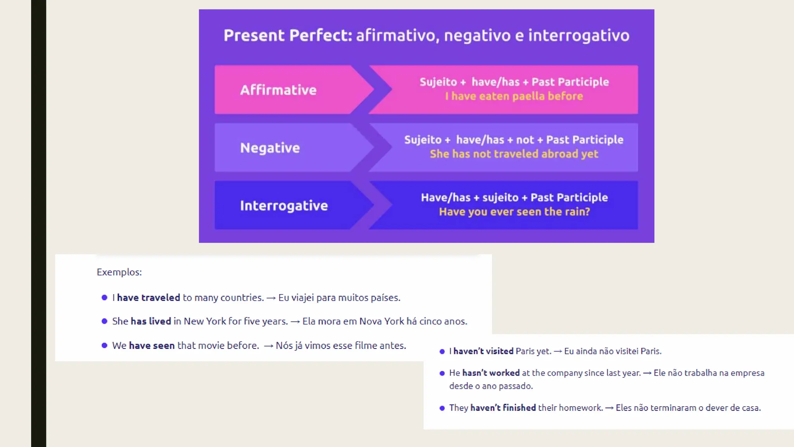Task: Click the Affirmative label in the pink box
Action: [278, 90]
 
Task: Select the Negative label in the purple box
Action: [270, 148]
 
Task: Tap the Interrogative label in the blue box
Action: [284, 206]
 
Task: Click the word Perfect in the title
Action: [320, 35]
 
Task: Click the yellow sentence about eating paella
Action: [514, 96]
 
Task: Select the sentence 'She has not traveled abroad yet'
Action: [514, 154]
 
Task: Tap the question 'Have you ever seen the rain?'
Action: [514, 212]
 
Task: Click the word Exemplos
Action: [119, 272]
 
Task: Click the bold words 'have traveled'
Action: [148, 298]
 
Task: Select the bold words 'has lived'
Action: [151, 321]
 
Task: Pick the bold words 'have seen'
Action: [152, 345]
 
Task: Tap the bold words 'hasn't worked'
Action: [490, 373]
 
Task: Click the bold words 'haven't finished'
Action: [503, 408]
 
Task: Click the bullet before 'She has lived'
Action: [104, 321]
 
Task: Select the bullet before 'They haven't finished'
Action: [442, 408]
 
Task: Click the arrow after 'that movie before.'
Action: [268, 346]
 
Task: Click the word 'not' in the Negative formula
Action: [525, 140]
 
